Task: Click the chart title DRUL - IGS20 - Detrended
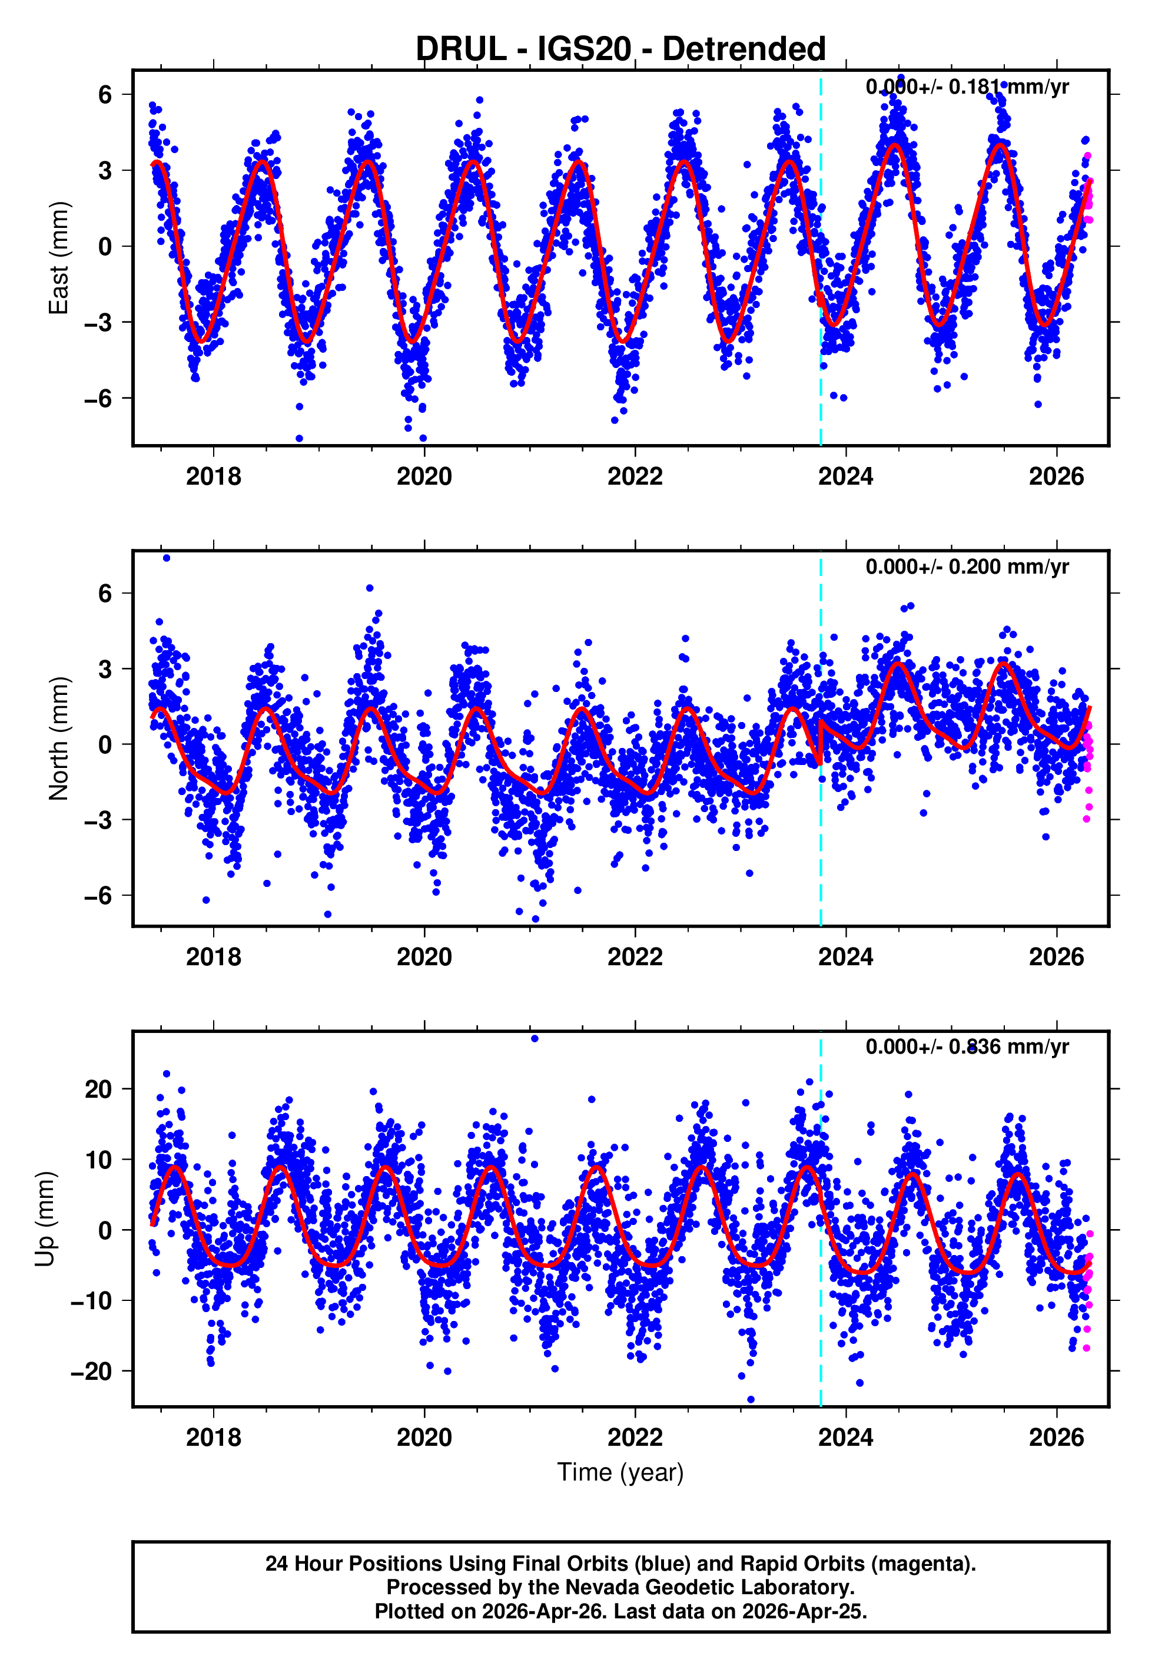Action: click(x=620, y=49)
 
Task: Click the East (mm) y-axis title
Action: click(x=59, y=258)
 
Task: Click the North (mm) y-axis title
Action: click(x=59, y=739)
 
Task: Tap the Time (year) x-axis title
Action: click(x=620, y=1472)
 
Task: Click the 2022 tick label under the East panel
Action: click(x=635, y=476)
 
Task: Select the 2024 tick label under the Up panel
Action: click(x=845, y=1437)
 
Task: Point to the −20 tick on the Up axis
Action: click(x=91, y=1371)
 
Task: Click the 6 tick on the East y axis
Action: click(x=105, y=94)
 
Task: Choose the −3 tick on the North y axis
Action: click(x=98, y=820)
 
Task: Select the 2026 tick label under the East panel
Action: click(x=1057, y=476)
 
